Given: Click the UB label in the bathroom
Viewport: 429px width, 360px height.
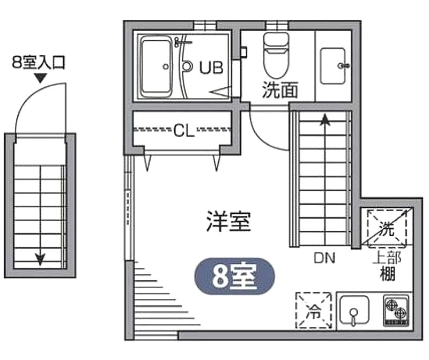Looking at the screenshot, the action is (x=211, y=67).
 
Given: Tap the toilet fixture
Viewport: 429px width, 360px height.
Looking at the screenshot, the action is (x=276, y=56).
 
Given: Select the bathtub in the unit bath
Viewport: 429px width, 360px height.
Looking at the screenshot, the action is (x=156, y=67).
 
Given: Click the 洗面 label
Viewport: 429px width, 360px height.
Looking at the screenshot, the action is (x=279, y=90).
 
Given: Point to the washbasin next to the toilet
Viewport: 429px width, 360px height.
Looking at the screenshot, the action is (x=333, y=66).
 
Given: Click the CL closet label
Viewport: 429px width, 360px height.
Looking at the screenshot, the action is (x=184, y=130).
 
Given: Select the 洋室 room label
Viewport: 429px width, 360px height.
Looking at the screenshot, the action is (x=228, y=221).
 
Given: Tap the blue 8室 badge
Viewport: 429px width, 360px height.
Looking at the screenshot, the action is (x=234, y=276).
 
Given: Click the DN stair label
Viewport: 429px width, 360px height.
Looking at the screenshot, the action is (x=324, y=258).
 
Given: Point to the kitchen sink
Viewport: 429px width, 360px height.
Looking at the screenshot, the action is (x=354, y=310).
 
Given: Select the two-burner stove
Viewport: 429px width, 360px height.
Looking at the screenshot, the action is (x=396, y=310).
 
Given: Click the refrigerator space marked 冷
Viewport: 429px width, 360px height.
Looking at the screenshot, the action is (x=314, y=310).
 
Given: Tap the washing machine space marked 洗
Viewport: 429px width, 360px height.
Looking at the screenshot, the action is (x=387, y=228).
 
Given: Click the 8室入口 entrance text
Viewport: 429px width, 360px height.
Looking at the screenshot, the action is (x=39, y=63).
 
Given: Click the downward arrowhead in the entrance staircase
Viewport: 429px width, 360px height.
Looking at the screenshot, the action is (x=41, y=258).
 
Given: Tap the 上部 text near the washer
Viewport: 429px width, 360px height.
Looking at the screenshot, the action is (x=387, y=258).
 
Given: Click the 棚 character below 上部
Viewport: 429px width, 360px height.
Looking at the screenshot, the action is (x=388, y=274).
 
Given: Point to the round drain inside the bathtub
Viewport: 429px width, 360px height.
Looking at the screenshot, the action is (x=165, y=66).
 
